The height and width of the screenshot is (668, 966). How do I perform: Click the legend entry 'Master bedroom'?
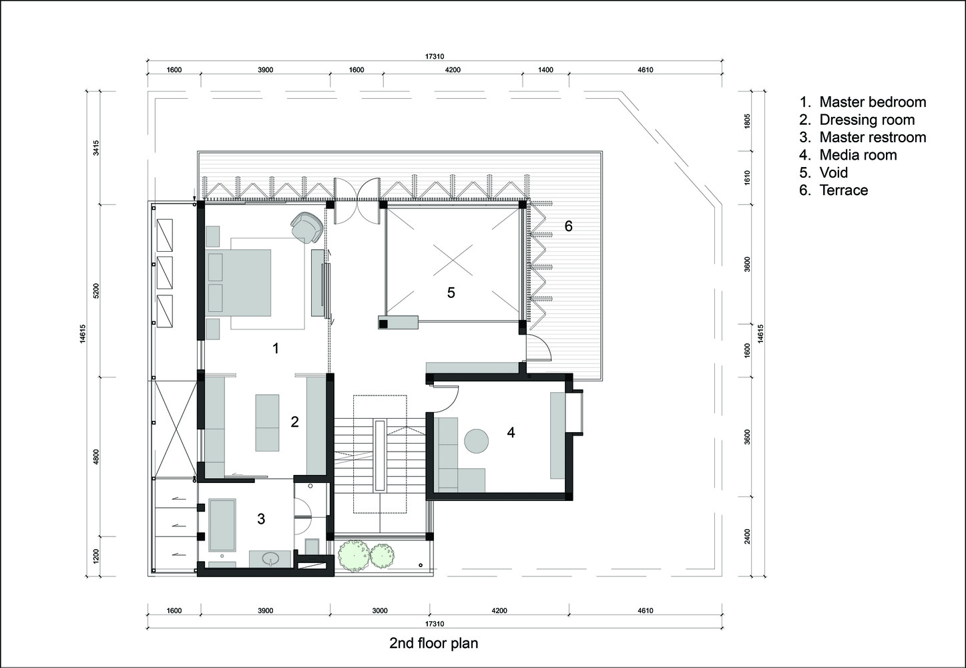tap(873, 102)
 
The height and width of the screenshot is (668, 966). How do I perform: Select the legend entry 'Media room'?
tap(859, 155)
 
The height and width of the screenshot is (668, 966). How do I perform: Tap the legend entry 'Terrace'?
tap(844, 190)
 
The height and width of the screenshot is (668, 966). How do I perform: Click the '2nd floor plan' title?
tap(434, 643)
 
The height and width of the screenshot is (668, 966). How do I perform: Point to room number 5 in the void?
tap(451, 293)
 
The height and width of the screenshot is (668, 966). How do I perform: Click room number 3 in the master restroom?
tap(261, 518)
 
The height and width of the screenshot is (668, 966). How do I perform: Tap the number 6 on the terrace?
tap(568, 226)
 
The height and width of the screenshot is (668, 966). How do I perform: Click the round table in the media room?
tap(477, 441)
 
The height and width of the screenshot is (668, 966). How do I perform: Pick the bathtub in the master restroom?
tap(222, 525)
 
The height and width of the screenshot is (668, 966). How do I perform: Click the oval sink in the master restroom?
tap(271, 558)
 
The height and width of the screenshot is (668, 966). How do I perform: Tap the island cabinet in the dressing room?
tap(267, 422)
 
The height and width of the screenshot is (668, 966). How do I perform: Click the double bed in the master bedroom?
tap(240, 283)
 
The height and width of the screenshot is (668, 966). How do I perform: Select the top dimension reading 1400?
tap(545, 70)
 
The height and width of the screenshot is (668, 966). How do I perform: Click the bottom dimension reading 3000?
tap(379, 611)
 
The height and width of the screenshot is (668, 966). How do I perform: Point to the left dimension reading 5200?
tap(96, 291)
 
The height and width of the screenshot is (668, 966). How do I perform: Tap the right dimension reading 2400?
tap(747, 536)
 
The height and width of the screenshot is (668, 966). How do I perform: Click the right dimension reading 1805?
tap(747, 121)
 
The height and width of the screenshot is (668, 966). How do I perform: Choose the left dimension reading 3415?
tap(96, 148)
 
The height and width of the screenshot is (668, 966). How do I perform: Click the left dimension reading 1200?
tap(96, 556)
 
